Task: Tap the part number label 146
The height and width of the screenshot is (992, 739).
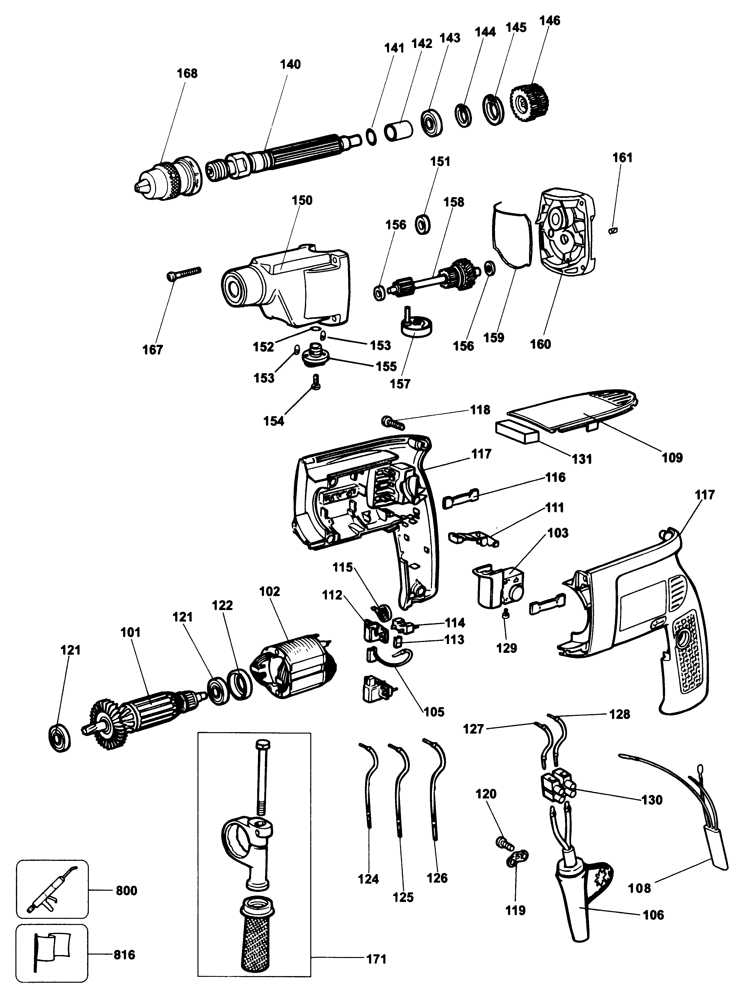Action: coord(549,21)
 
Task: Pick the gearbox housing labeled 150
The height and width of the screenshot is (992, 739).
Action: coord(286,286)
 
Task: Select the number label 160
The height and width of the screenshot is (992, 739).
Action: coord(540,344)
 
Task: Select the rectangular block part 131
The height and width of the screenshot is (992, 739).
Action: coord(517,432)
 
